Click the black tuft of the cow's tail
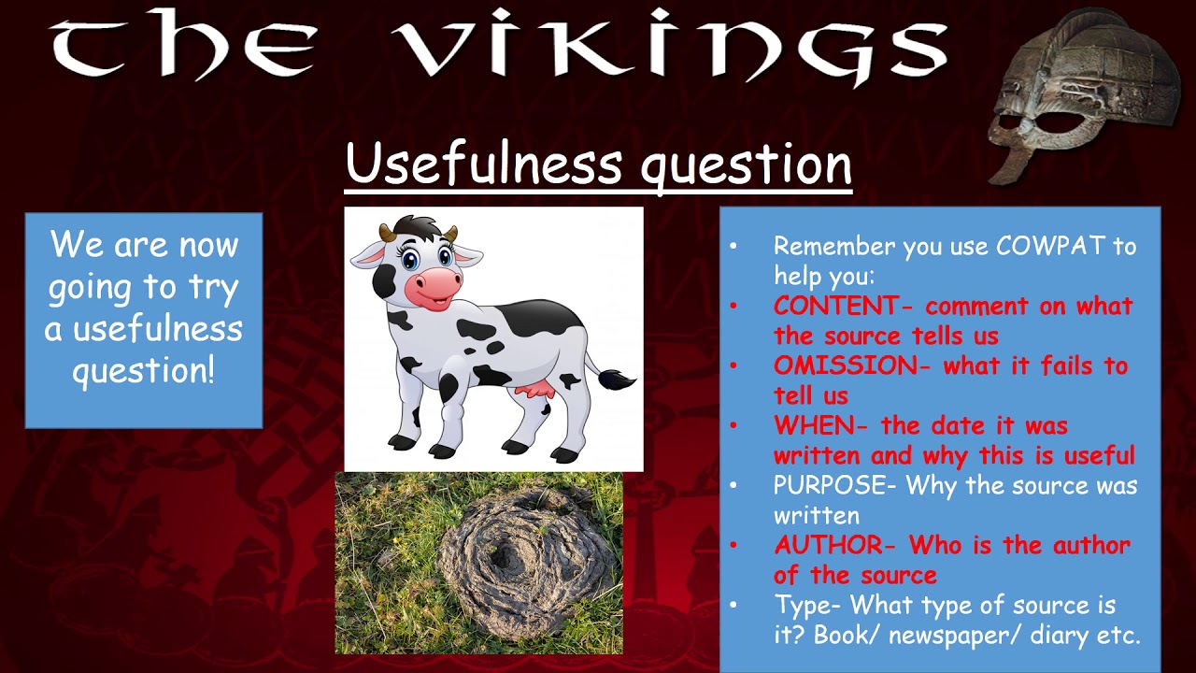click(x=617, y=379)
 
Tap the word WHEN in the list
click(x=813, y=425)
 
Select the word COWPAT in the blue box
click(x=1051, y=246)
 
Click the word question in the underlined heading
click(x=746, y=165)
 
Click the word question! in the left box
click(x=144, y=370)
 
